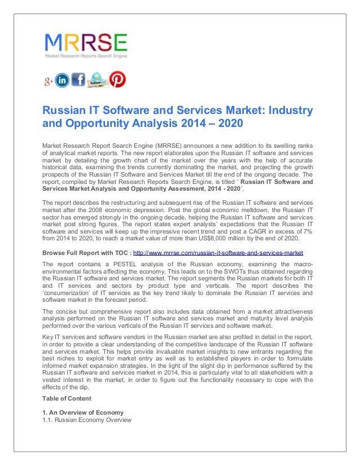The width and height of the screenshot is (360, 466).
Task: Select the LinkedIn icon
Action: [x=62, y=81]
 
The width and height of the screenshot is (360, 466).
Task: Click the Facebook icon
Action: [x=78, y=80]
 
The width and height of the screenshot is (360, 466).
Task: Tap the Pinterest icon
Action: [x=117, y=80]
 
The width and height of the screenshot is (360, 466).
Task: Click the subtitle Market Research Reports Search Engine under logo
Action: [x=86, y=56]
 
